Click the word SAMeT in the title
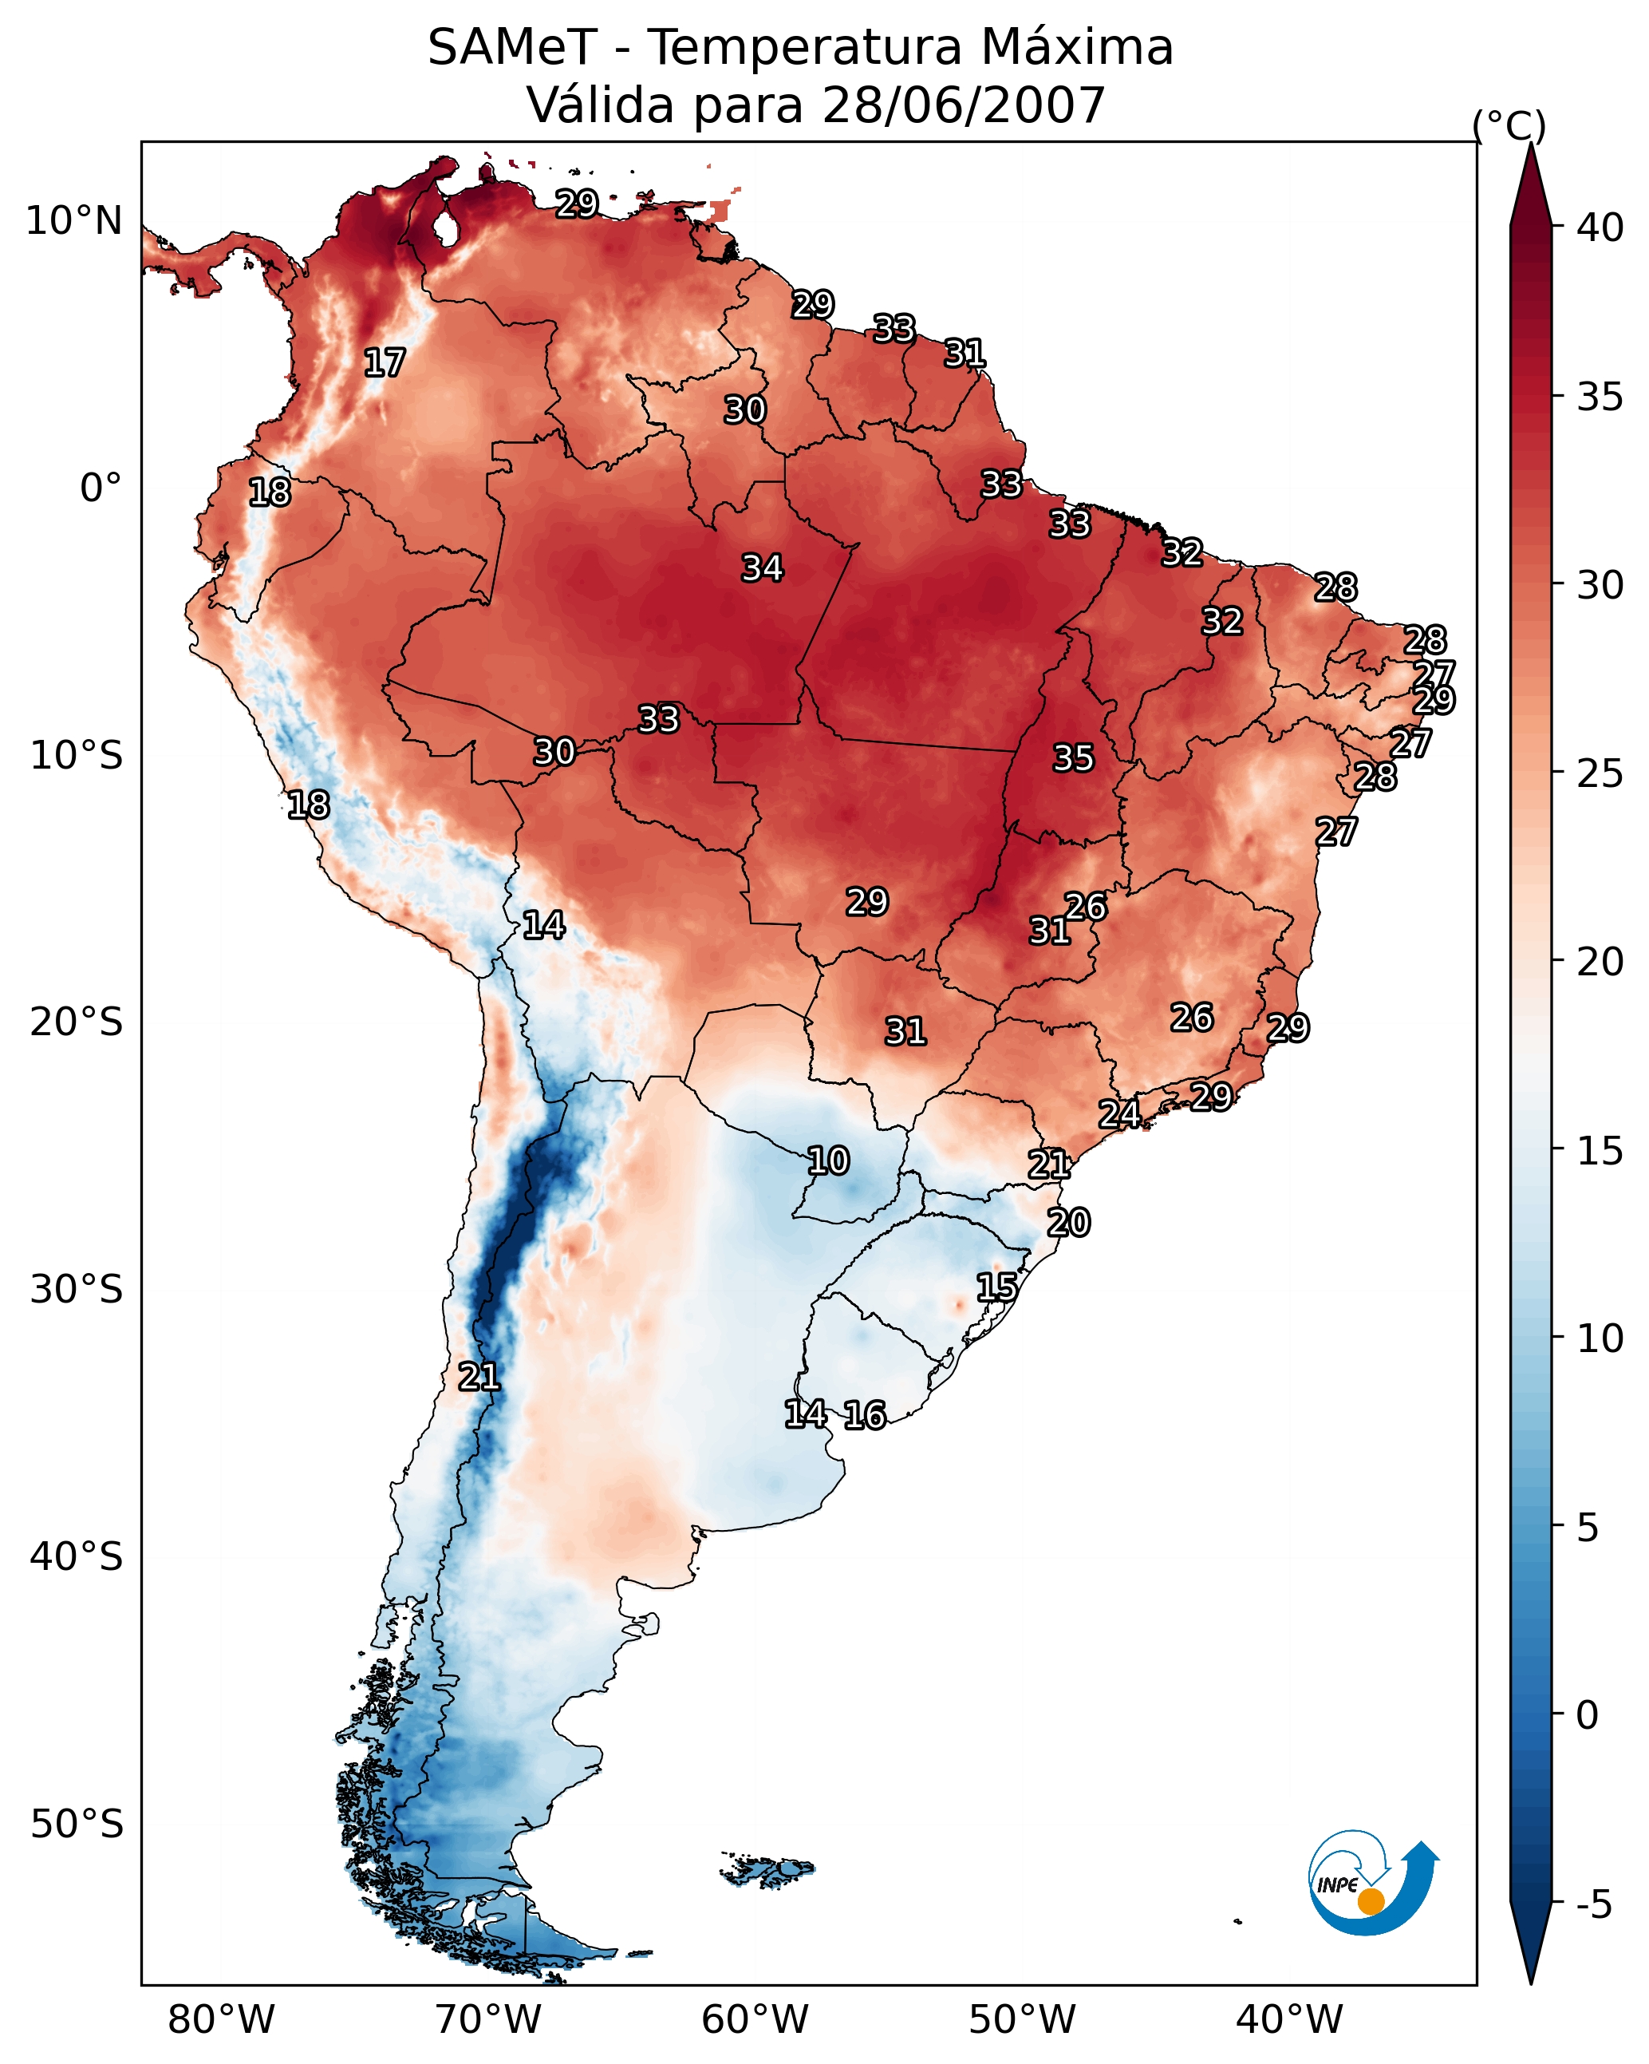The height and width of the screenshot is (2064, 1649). [x=512, y=48]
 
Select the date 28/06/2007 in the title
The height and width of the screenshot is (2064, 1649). [x=963, y=105]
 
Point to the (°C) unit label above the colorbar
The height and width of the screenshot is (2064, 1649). [x=1509, y=125]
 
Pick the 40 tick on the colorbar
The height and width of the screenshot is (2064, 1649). [x=1600, y=227]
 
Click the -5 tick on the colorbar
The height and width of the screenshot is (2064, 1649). [x=1593, y=1904]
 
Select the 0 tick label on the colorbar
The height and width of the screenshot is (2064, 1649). [x=1587, y=1714]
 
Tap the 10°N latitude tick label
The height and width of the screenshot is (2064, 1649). [x=73, y=221]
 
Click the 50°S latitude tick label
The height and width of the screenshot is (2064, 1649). [x=77, y=1825]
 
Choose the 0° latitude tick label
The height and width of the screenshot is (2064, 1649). [x=101, y=488]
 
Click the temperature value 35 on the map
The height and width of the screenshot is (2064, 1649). [x=1073, y=758]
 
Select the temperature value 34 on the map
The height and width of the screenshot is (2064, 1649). [x=762, y=568]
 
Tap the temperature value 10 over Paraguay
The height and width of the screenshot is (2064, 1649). [x=828, y=1161]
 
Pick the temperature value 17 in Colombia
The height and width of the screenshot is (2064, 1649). [x=384, y=363]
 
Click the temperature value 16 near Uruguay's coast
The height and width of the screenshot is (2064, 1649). [x=864, y=1415]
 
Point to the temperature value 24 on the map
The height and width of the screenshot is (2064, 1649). [x=1118, y=1114]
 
